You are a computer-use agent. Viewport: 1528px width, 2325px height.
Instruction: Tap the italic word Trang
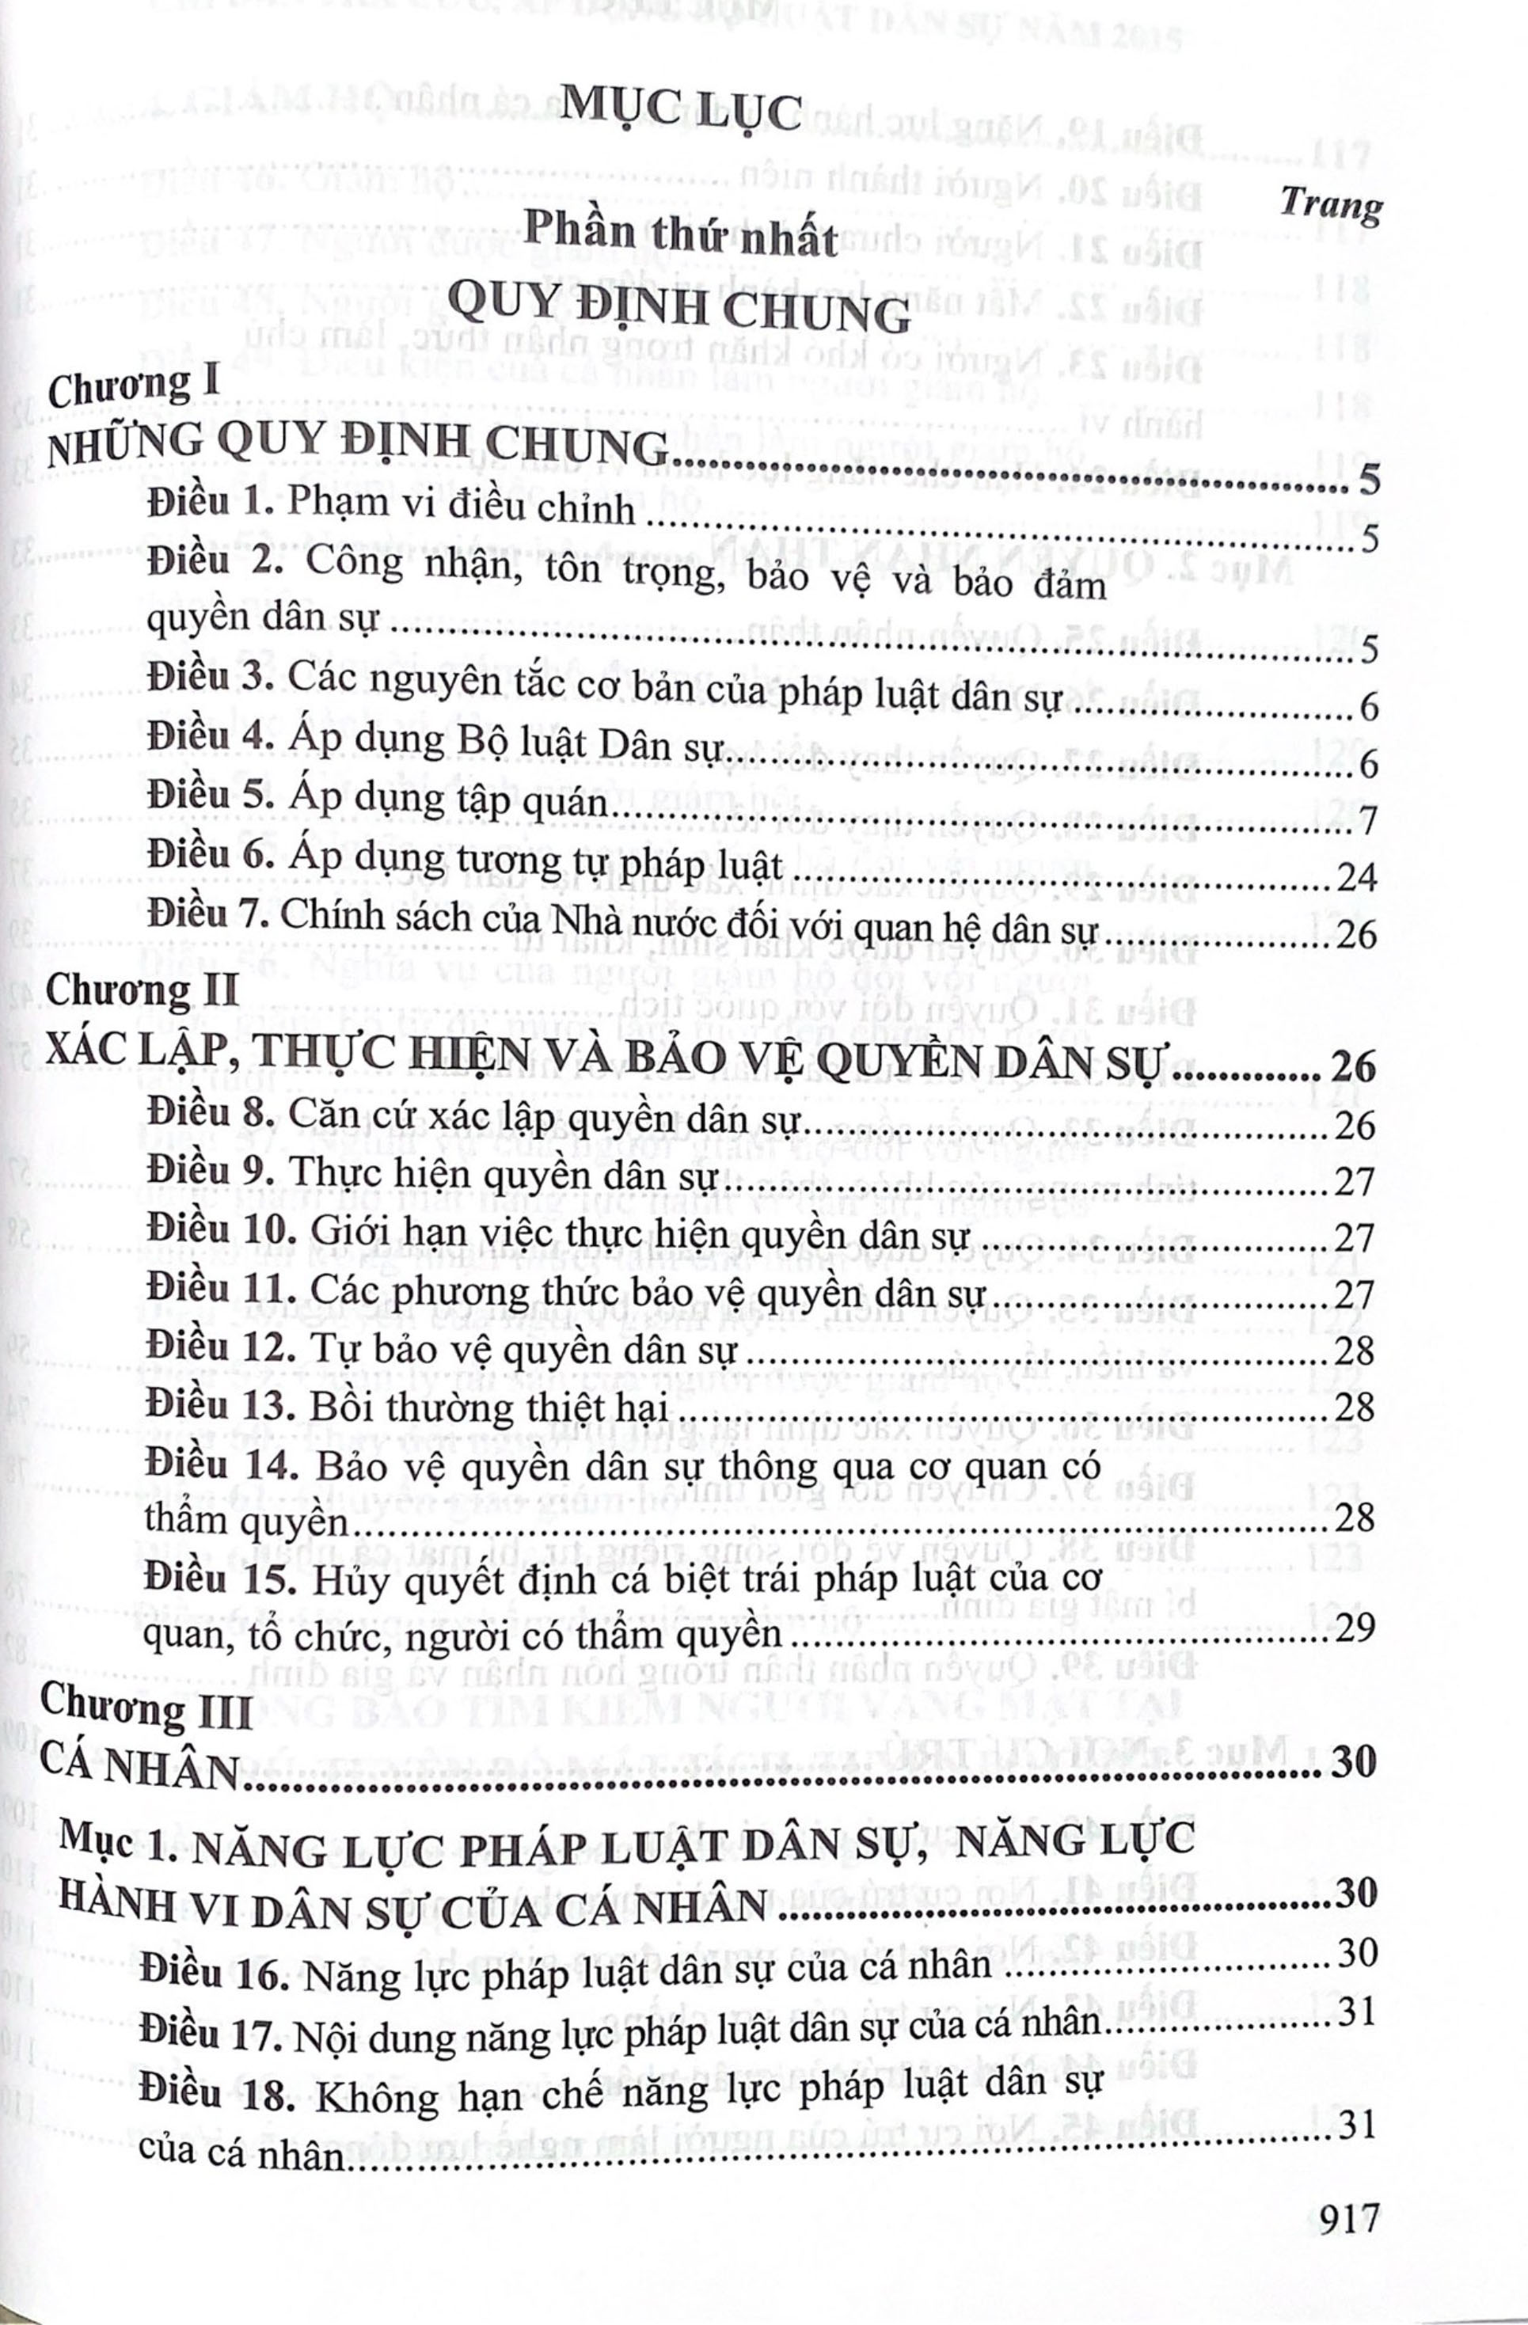(1331, 204)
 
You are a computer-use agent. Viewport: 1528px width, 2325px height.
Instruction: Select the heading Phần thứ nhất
(681, 235)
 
